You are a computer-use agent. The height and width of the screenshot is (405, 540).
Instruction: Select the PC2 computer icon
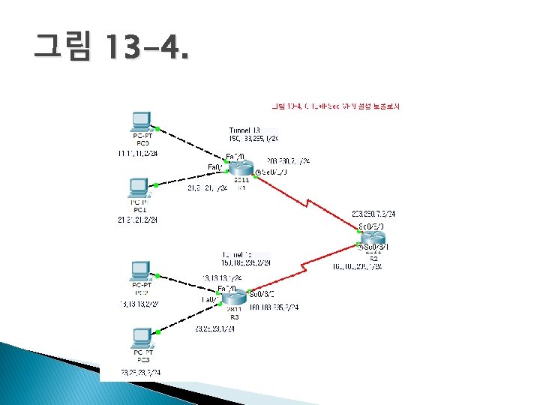tap(139, 270)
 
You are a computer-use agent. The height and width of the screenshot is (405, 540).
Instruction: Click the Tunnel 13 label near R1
tap(245, 130)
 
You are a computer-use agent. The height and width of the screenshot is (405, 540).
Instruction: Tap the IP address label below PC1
tap(137, 220)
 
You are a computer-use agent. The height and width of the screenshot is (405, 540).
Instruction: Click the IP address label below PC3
tap(140, 372)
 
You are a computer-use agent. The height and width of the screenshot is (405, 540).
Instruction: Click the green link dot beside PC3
tap(156, 331)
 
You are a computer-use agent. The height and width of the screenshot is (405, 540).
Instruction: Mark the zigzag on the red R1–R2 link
tap(308, 201)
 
